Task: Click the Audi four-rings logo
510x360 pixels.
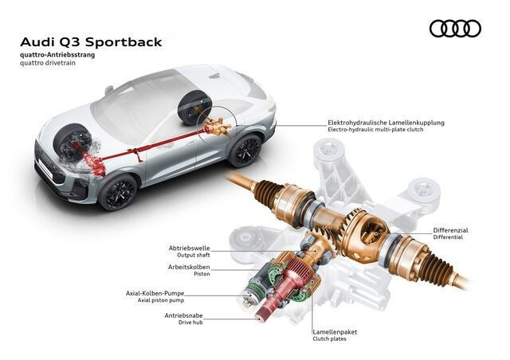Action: pyautogui.click(x=455, y=29)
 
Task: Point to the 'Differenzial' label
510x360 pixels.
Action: pyautogui.click(x=450, y=229)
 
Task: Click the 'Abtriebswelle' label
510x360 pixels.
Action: pyautogui.click(x=189, y=248)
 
